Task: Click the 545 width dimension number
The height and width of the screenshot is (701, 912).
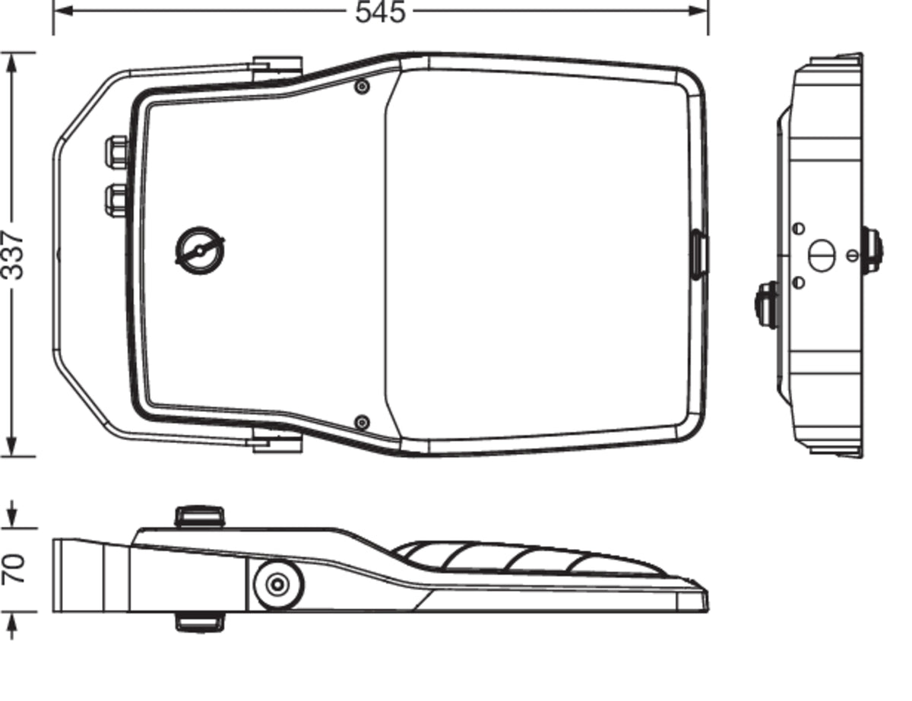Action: [x=380, y=12]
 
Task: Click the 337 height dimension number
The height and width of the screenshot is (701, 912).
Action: [x=13, y=255]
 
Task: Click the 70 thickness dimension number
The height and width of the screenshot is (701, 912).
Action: [x=13, y=569]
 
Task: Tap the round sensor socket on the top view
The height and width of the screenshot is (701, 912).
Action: [x=200, y=251]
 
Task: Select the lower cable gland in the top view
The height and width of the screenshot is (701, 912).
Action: [x=116, y=201]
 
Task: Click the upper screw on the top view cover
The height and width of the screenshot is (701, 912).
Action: [x=362, y=87]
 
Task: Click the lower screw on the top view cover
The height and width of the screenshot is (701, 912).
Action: [x=362, y=423]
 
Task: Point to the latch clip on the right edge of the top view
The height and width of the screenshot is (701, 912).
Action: [x=699, y=255]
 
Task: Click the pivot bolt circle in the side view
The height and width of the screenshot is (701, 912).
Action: [x=278, y=585]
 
